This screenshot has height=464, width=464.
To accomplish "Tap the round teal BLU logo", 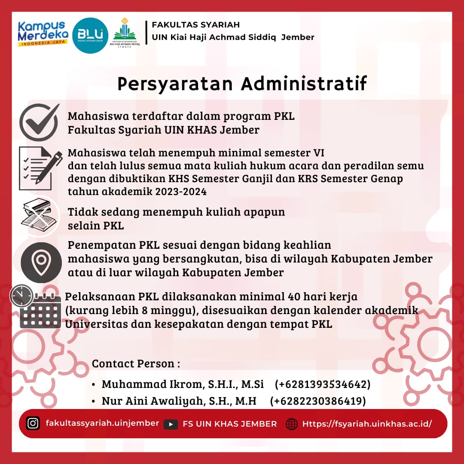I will pos(90,35).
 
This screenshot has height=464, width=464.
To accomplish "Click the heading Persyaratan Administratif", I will pos(242,84).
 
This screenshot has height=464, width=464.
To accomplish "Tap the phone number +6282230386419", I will pos(318,401).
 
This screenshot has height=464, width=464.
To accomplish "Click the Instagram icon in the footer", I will pos(33,423).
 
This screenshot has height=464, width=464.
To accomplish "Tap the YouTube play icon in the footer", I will pos(171,424).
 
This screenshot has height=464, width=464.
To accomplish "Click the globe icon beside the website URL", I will pos(292,424).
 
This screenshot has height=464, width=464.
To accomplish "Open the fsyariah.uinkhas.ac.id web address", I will pos(367,424).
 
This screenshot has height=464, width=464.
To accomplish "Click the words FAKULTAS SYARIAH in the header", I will pos(196,24).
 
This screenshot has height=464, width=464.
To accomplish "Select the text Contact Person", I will pos(136,363).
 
